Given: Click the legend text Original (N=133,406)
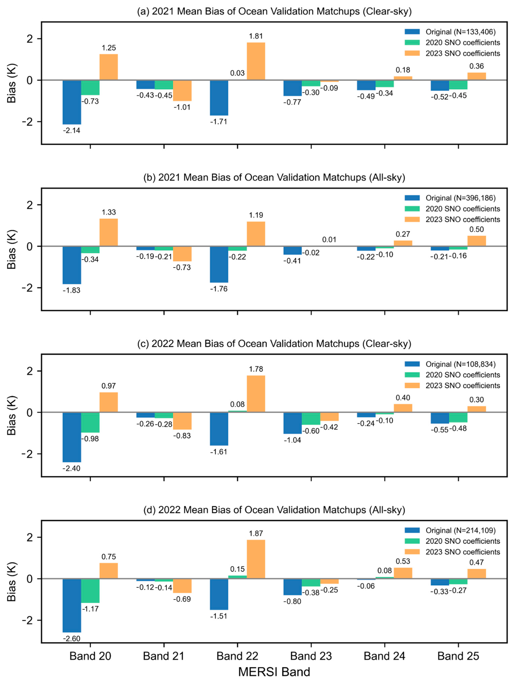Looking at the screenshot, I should point(460,32).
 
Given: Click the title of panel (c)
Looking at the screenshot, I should point(274,344).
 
